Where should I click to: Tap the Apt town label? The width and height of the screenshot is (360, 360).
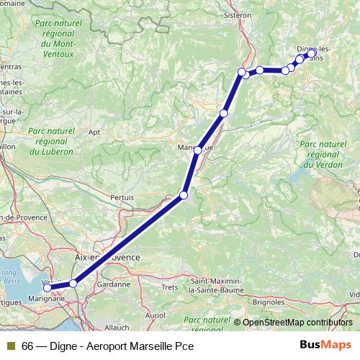(x=94, y=132)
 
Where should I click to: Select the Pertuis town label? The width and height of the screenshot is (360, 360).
(x=122, y=196)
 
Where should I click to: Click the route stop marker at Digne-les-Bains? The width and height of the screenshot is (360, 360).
(x=312, y=53)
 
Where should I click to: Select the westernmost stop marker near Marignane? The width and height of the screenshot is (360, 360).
(x=48, y=288)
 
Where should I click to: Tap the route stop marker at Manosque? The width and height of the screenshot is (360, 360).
(x=198, y=150)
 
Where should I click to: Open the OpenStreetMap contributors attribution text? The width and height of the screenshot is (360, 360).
(x=297, y=322)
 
